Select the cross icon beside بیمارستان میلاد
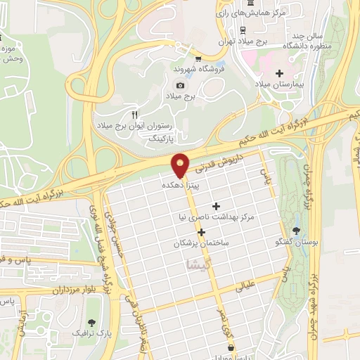pyautogui.click(x=279, y=72)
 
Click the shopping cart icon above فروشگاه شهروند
pyautogui.click(x=199, y=59)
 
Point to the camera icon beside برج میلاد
pyautogui.click(x=180, y=85)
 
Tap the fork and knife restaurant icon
pyautogui.click(x=134, y=113)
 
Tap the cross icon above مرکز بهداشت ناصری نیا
pyautogui.click(x=216, y=206)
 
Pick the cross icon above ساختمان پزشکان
pyautogui.click(x=202, y=232)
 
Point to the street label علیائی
pyautogui.click(x=250, y=286)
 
